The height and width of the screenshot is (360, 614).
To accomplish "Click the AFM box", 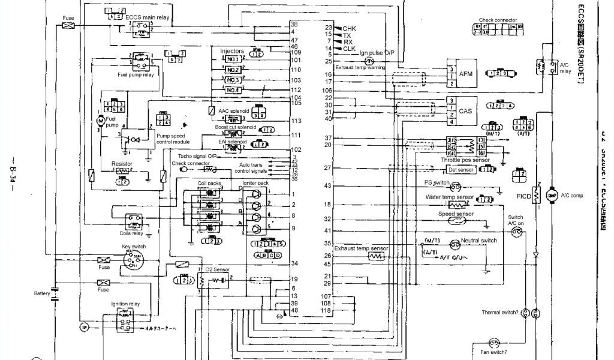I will click(466, 73).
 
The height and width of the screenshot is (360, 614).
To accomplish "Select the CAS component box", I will click(465, 111).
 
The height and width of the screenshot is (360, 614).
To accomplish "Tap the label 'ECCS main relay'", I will click(147, 18).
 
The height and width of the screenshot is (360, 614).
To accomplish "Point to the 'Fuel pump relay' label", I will click(136, 76).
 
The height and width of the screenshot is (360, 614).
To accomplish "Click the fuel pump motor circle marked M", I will click(100, 121).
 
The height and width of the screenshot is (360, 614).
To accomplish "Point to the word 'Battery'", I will click(42, 293).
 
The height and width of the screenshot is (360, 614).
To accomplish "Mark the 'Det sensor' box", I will click(462, 170).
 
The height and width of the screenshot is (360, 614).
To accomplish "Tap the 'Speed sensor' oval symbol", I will click(457, 221).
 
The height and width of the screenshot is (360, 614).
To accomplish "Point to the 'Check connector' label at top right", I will click(498, 20).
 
